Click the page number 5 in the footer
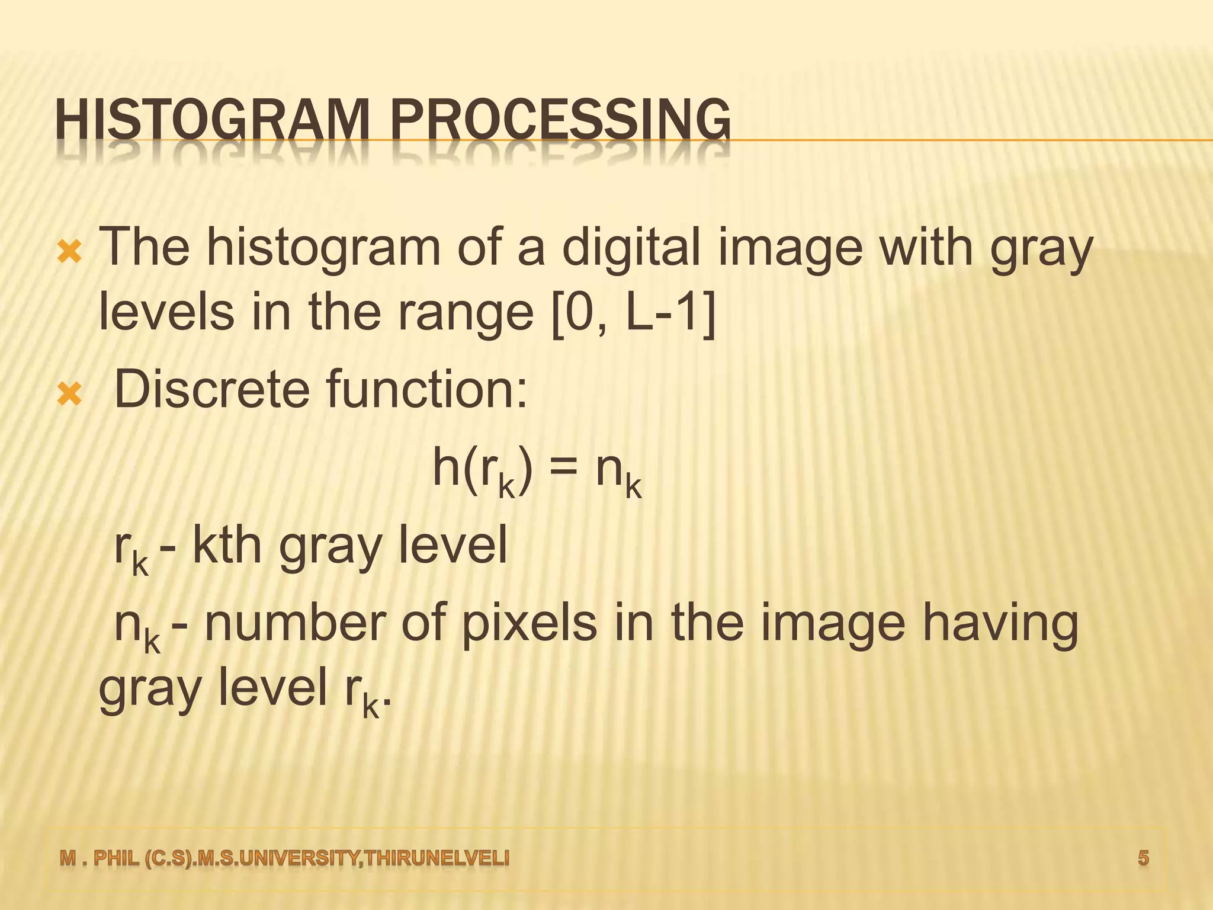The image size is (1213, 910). (x=1143, y=858)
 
